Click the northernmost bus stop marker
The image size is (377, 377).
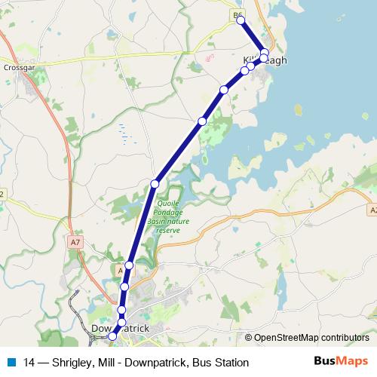click(x=241, y=20)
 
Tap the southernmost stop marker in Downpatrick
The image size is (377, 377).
click(x=113, y=337)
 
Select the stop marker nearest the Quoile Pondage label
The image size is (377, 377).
click(x=155, y=183)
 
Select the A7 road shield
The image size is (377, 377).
click(x=74, y=242)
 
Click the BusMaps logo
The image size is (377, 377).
click(x=341, y=362)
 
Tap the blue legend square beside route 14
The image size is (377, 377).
click(x=11, y=363)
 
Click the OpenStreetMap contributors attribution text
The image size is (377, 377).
click(x=311, y=338)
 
